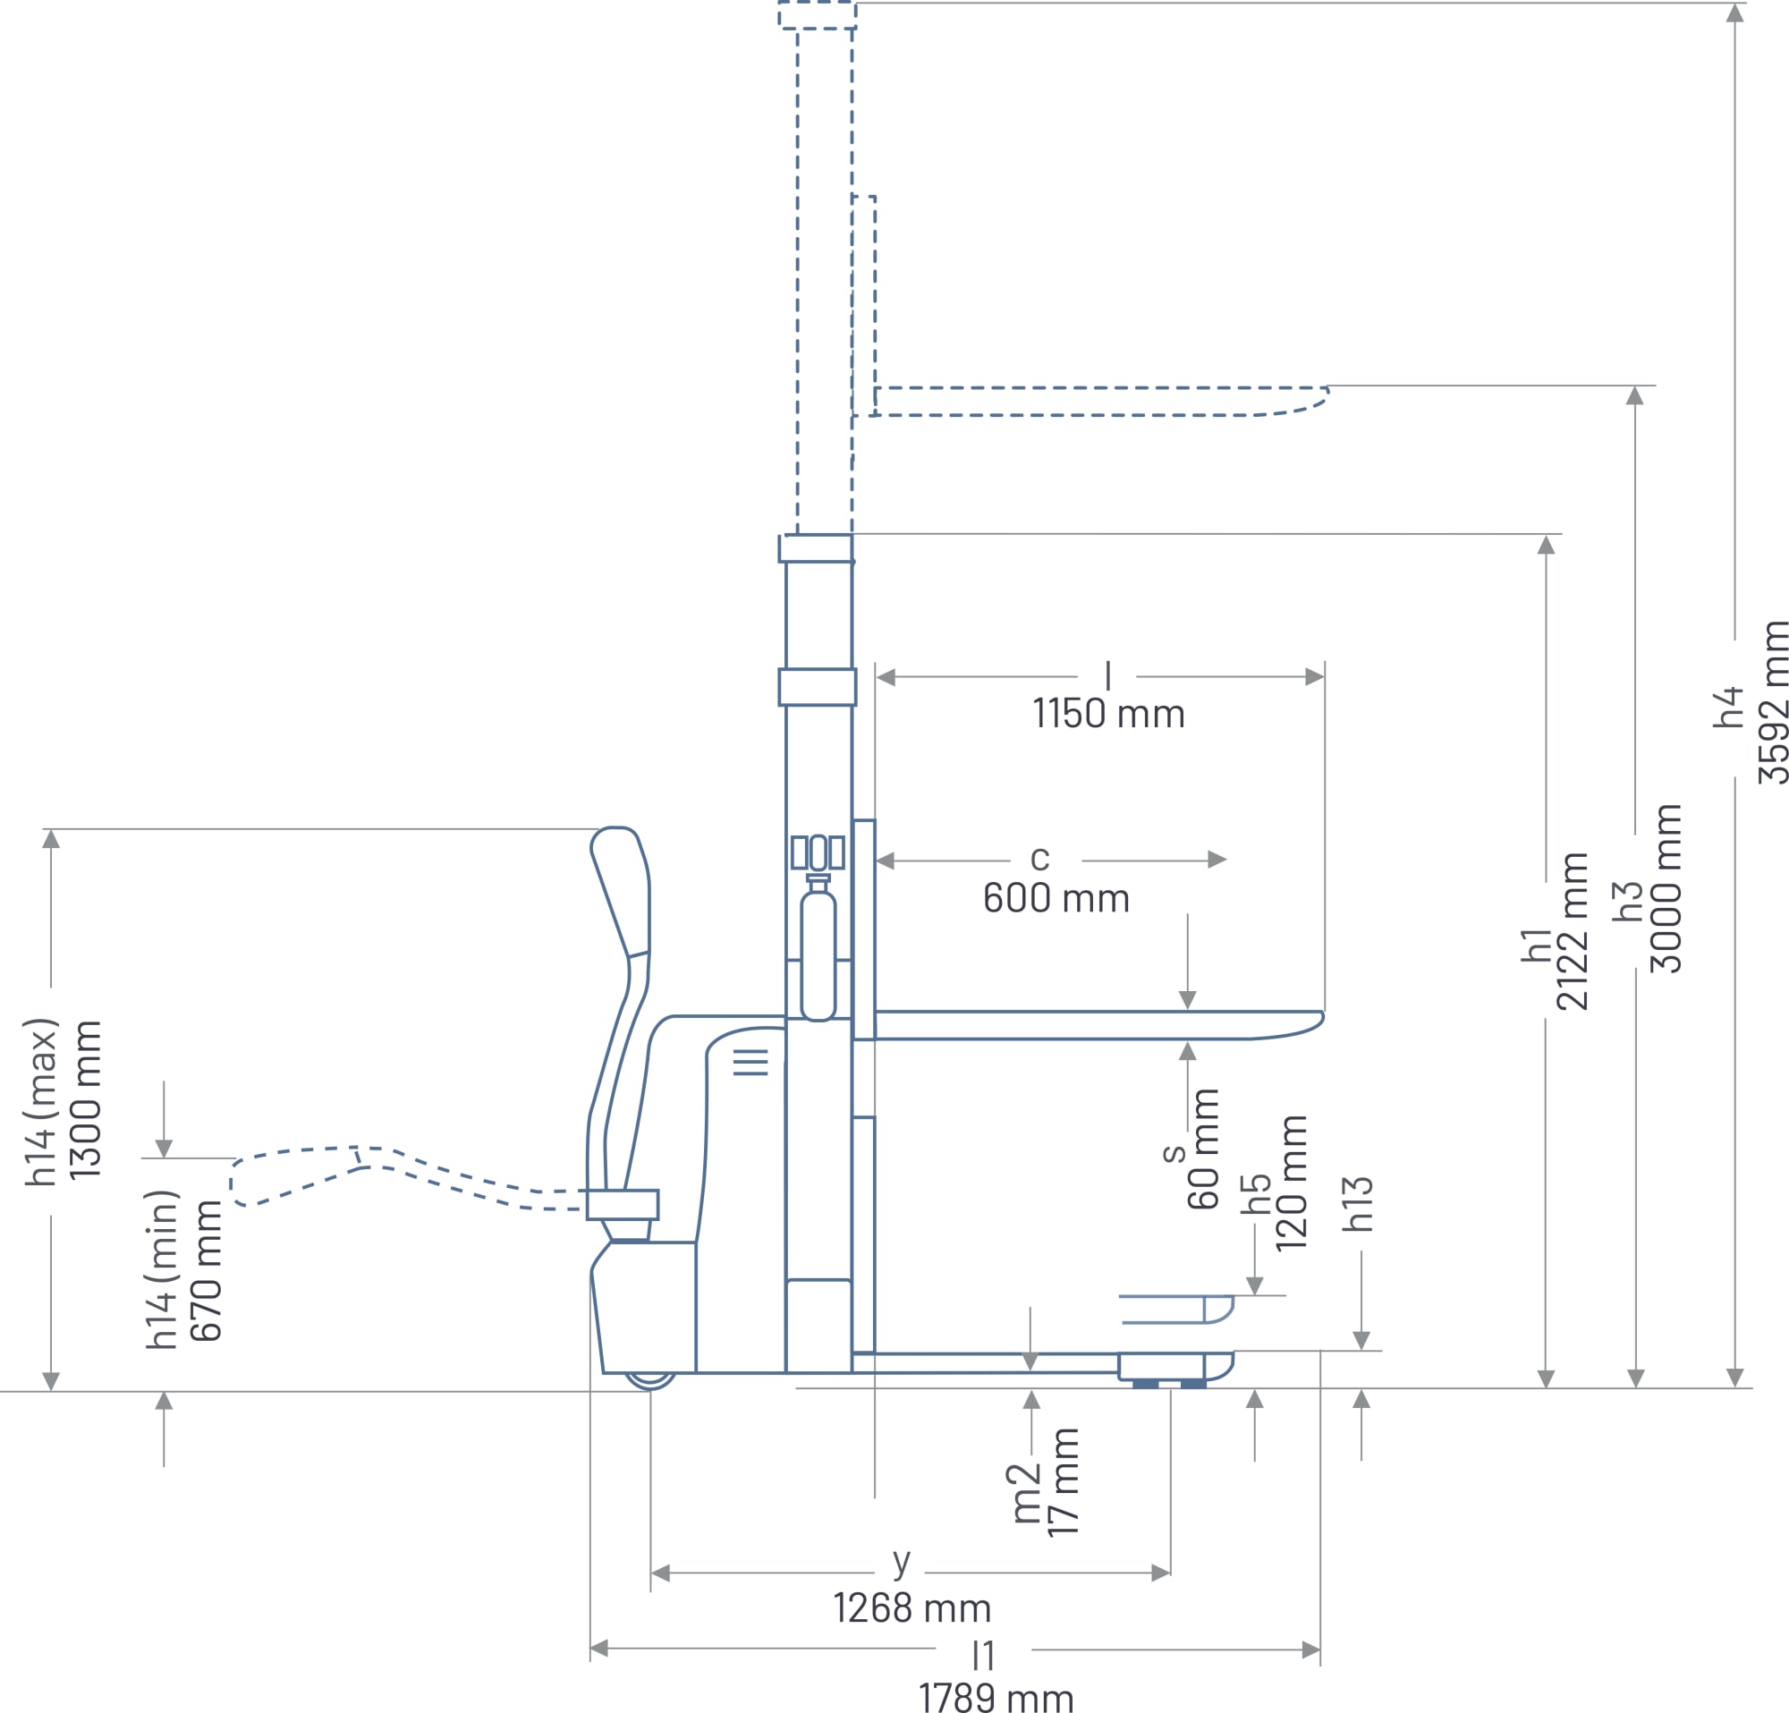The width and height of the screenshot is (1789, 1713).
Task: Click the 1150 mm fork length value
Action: (1109, 714)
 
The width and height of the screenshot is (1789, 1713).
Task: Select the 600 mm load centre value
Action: (1056, 899)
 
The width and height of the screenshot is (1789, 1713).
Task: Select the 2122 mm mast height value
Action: (1573, 932)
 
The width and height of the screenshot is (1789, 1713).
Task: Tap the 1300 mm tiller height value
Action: (85, 1099)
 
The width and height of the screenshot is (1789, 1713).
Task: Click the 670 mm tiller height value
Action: (207, 1270)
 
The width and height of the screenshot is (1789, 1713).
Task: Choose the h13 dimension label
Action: (1357, 1204)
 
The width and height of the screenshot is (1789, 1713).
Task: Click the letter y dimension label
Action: (901, 1563)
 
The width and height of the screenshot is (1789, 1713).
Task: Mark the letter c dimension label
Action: (1039, 858)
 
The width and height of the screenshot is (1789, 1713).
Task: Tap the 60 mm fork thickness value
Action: (1203, 1149)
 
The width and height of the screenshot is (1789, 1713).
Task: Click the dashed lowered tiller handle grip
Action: (297, 1175)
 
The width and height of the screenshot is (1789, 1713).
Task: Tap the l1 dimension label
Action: (983, 1656)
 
